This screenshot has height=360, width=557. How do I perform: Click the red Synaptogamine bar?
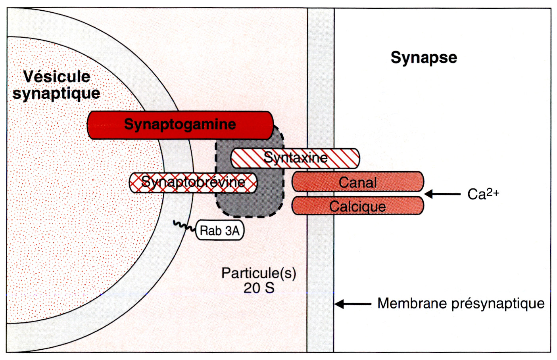[180, 125]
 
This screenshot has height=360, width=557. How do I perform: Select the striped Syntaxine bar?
[295, 158]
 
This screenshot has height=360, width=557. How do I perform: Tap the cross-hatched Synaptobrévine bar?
[193, 182]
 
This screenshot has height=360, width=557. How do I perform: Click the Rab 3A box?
[220, 230]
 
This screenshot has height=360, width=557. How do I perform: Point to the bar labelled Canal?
[357, 182]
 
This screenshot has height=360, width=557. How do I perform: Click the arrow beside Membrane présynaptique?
[353, 304]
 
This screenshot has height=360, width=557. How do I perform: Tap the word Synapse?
[424, 57]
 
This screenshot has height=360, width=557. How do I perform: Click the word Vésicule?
[57, 77]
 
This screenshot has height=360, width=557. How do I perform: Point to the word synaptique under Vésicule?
[56, 94]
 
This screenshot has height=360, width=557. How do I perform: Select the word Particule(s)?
[259, 273]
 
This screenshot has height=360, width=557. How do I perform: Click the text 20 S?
[259, 288]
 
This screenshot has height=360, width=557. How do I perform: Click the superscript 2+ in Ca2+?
[493, 191]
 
